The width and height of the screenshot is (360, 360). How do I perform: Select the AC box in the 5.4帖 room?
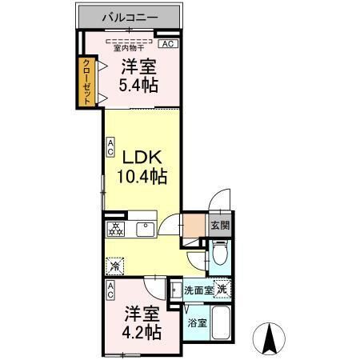click(169, 44)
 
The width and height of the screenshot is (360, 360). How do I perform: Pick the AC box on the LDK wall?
click(110, 147)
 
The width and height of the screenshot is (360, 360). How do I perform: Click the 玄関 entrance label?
click(220, 226)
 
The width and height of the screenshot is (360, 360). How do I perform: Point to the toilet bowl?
click(219, 256)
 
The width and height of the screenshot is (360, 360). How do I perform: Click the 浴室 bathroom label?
click(197, 323)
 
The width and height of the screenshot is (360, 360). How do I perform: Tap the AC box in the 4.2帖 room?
click(110, 290)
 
